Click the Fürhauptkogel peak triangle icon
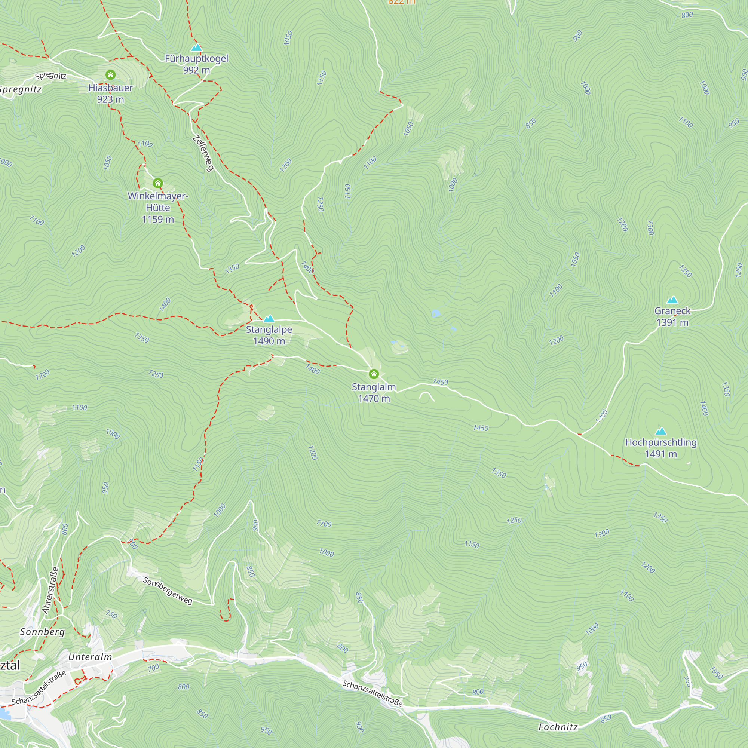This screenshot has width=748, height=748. [x=196, y=47]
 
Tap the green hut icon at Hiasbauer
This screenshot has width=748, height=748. [x=110, y=75]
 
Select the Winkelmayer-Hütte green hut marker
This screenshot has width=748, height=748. [x=157, y=183]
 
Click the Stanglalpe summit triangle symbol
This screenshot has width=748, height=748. [x=269, y=319]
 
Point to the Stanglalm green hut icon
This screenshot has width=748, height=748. [x=374, y=374]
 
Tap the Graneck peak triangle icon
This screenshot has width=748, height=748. [x=672, y=300]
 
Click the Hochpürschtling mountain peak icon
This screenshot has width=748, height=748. [x=661, y=431]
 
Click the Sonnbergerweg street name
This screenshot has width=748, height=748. [x=168, y=591]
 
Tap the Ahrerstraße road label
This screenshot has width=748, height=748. [x=51, y=591]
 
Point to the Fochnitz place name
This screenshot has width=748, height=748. [x=558, y=727]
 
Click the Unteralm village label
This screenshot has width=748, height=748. [x=90, y=657]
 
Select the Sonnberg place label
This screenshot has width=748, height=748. [x=43, y=632]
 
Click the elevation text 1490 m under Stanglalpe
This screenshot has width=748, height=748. [x=269, y=341]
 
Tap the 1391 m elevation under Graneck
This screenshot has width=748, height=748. [x=672, y=322]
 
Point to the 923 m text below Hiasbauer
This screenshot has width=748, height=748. [x=110, y=99]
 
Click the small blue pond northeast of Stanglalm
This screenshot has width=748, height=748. [x=436, y=313]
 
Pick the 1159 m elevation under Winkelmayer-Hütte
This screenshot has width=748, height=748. [x=157, y=220]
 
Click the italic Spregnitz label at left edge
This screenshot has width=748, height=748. [x=20, y=89]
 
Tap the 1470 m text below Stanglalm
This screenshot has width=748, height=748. [x=374, y=398]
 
